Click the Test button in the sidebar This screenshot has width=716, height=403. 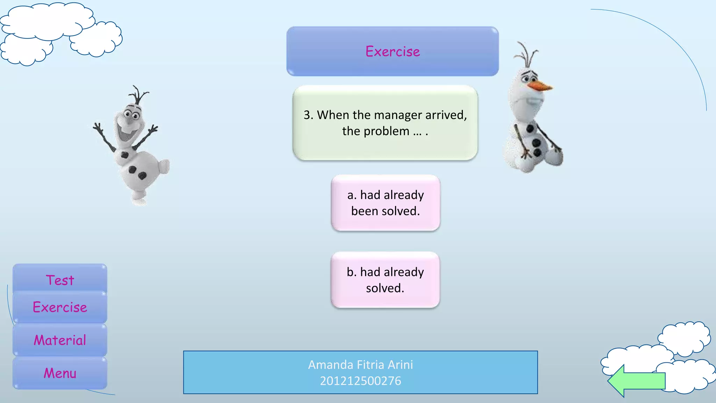[x=60, y=280]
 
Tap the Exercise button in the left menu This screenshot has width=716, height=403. [x=60, y=307]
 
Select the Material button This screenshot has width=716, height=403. [x=60, y=340]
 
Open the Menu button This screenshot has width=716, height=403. [x=60, y=373]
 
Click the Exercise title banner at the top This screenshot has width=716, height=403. [x=392, y=51]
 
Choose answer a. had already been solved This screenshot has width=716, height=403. [x=385, y=203]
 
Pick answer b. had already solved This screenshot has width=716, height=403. [x=385, y=280]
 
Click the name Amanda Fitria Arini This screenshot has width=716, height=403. [x=360, y=365]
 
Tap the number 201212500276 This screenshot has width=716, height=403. [x=360, y=381]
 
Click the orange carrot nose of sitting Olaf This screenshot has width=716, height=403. [x=540, y=86]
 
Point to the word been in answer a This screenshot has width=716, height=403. [x=364, y=211]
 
